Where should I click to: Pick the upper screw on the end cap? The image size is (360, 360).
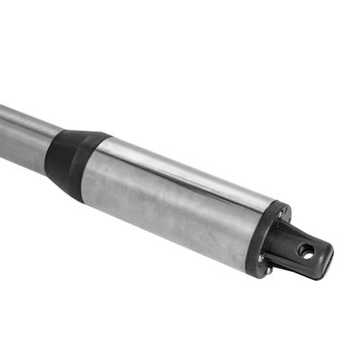click(x=281, y=214)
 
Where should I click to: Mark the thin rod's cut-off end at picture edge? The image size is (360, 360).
click(x=3, y=126)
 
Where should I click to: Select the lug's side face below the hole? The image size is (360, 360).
click(x=306, y=266)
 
